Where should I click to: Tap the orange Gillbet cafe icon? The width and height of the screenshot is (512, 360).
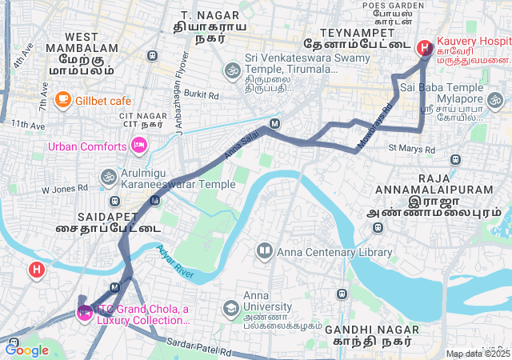[62, 100]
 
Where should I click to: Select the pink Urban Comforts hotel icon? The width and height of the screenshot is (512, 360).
[138, 146]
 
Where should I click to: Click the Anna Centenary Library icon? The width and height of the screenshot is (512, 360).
[264, 252]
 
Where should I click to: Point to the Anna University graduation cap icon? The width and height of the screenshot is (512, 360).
[231, 308]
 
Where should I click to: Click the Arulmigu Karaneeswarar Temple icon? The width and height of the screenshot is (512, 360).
[108, 176]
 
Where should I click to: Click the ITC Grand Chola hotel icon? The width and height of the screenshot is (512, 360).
[84, 312]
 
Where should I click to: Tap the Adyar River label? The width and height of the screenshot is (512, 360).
[175, 262]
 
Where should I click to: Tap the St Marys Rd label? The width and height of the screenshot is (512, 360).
[411, 149]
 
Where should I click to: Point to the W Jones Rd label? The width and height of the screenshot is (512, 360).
[64, 190]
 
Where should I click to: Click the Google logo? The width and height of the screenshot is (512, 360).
[26, 350]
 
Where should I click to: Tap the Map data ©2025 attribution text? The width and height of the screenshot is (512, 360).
[478, 354]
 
